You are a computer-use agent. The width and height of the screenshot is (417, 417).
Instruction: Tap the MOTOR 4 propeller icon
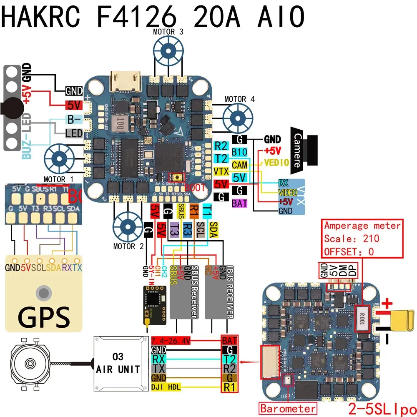pos(237,118)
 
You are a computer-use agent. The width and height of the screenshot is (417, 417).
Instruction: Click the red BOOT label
pos(195,188)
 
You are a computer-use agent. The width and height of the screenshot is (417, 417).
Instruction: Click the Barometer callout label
pos(288,407)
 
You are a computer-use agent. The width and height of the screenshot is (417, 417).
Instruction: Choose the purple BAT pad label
pos(240,203)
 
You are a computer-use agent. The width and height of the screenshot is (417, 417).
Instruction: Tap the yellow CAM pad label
pos(239,165)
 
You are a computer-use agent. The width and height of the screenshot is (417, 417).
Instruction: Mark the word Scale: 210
pos(352,239)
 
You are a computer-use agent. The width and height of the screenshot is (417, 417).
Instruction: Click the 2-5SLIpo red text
pos(382,407)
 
